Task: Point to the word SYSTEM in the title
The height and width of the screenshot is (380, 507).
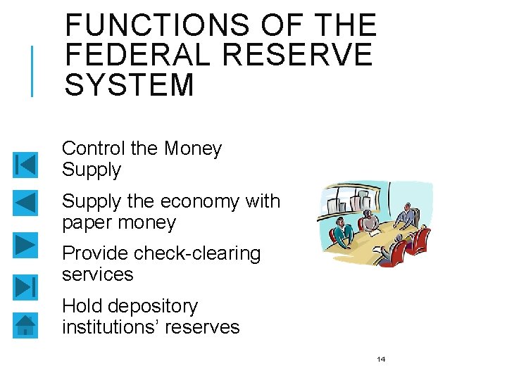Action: click(129, 85)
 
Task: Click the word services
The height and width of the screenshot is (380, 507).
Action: click(97, 274)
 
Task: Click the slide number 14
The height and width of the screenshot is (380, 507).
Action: click(381, 360)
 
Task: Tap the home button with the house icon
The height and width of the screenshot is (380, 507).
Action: click(25, 324)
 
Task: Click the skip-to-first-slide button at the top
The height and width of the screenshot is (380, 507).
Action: click(25, 165)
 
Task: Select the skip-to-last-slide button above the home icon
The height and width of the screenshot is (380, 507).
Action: click(25, 287)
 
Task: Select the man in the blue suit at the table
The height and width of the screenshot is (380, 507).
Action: click(405, 215)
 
